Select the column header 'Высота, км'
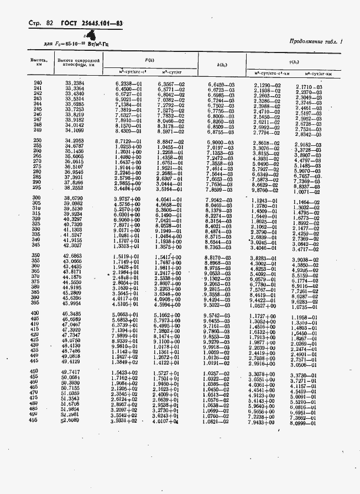38,62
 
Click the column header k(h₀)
221,66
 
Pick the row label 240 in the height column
38,83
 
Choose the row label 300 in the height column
38,198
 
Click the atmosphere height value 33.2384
75,83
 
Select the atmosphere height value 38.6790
74,198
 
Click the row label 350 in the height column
36,256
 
